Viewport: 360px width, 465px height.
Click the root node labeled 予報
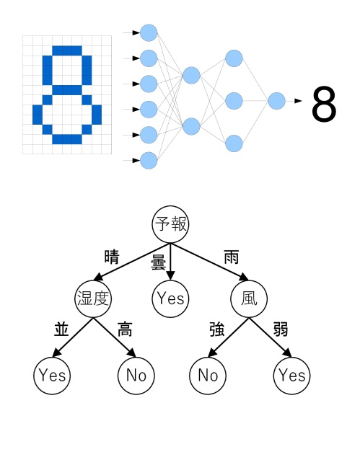(x=170, y=224)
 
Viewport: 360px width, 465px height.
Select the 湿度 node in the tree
(x=93, y=299)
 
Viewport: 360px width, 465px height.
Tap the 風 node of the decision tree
(x=249, y=299)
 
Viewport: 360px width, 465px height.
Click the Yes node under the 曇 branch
(x=170, y=299)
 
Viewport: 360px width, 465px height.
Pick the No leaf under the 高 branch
(x=136, y=376)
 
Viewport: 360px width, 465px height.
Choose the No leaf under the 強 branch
(x=208, y=376)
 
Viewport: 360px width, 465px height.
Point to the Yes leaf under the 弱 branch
(x=291, y=376)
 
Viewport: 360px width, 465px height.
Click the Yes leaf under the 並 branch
(x=52, y=376)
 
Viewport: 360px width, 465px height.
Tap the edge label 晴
(x=112, y=257)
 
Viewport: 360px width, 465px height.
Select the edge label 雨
(x=232, y=257)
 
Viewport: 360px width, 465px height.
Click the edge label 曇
(x=158, y=262)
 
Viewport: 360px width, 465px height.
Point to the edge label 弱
(x=281, y=329)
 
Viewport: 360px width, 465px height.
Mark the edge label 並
(x=61, y=329)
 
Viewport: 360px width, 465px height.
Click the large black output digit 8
(x=324, y=103)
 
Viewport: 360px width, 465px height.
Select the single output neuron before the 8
(x=276, y=101)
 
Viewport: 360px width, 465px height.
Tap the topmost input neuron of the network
(x=149, y=32)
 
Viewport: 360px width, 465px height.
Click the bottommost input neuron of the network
(x=149, y=161)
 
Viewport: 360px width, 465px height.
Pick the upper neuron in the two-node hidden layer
(x=191, y=75)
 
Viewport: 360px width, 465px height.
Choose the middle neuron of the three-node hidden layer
(x=234, y=101)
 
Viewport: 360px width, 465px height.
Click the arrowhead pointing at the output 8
(x=298, y=101)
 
